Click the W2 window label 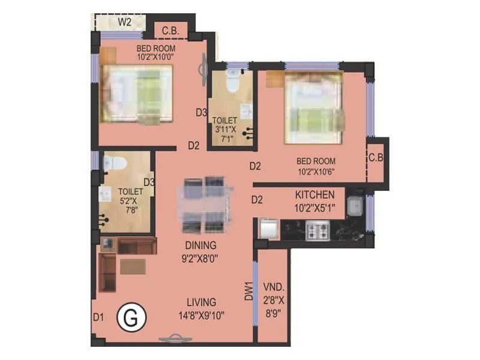[125, 22]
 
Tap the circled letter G [132, 316]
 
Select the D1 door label [99, 316]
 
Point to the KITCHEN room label [314, 194]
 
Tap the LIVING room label [200, 302]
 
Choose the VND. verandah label [273, 286]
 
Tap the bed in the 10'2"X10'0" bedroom [137, 94]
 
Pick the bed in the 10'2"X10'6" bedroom [314, 108]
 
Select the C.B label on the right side [376, 158]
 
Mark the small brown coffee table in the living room [133, 266]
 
